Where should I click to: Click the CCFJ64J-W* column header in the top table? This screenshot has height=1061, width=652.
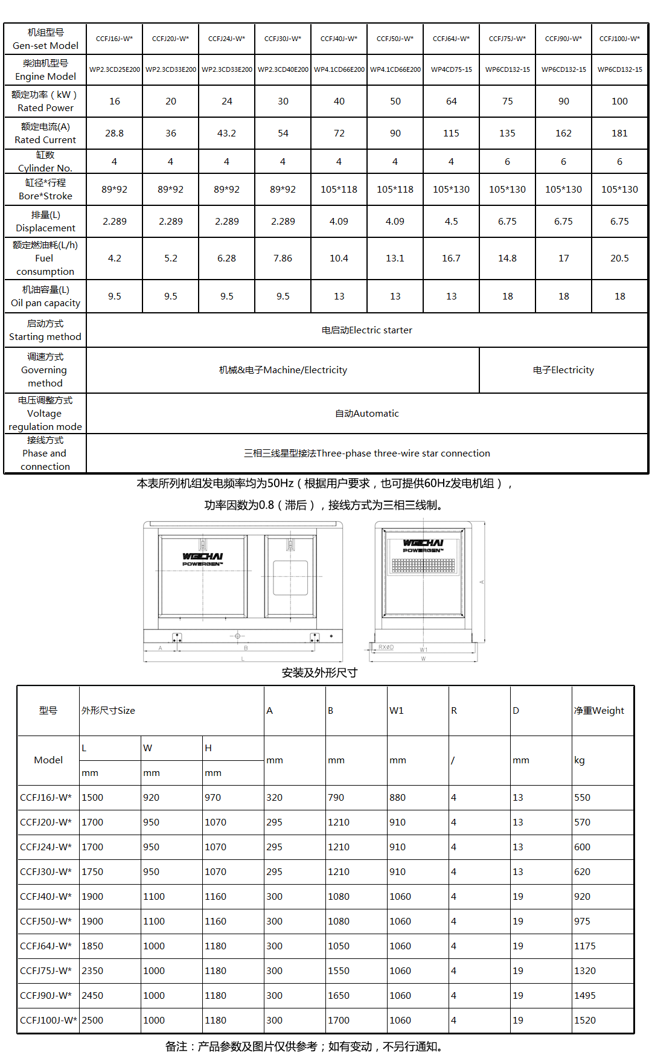pyautogui.click(x=451, y=39)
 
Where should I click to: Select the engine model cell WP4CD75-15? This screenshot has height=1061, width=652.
pyautogui.click(x=451, y=69)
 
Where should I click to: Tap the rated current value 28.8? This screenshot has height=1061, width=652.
pyautogui.click(x=114, y=133)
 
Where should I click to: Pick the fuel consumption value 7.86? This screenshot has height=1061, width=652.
pyautogui.click(x=283, y=258)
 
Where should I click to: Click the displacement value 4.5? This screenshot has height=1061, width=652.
pyautogui.click(x=451, y=221)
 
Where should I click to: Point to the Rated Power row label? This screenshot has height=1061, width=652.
pyautogui.click(x=45, y=101)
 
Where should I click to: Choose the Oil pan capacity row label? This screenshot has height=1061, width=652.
pyautogui.click(x=45, y=297)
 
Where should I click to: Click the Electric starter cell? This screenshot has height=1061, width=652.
pyautogui.click(x=367, y=330)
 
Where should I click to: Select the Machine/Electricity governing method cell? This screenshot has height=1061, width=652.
pyautogui.click(x=283, y=370)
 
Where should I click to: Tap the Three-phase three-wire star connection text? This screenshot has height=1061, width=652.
pyautogui.click(x=367, y=453)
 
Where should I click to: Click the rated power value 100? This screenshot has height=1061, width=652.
pyautogui.click(x=619, y=101)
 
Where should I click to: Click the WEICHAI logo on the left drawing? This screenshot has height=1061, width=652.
pyautogui.click(x=203, y=559)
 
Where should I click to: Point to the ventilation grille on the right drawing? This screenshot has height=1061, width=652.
pyautogui.click(x=423, y=565)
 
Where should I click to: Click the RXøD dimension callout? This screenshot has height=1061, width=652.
pyautogui.click(x=386, y=647)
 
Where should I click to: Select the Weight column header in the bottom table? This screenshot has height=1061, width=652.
pyautogui.click(x=599, y=710)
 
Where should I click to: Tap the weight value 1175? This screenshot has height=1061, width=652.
pyautogui.click(x=584, y=946)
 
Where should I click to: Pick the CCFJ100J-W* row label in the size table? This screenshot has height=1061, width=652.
pyautogui.click(x=48, y=1020)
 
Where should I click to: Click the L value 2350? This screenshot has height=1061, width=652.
pyautogui.click(x=92, y=970)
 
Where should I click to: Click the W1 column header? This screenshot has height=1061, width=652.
pyautogui.click(x=397, y=710)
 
